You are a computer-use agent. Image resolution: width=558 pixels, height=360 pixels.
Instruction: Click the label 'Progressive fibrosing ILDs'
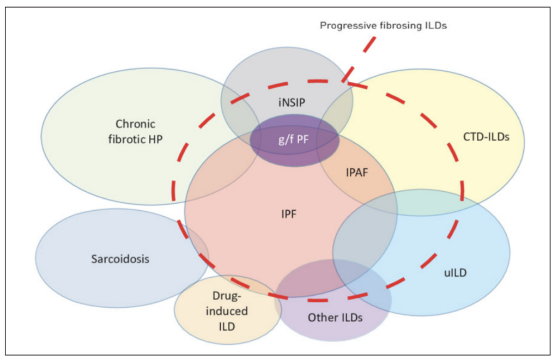(x=383, y=26)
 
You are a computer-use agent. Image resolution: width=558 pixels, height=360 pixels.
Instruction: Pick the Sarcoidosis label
(x=120, y=259)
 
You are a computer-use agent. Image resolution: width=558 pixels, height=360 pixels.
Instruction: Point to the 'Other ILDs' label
(x=335, y=318)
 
